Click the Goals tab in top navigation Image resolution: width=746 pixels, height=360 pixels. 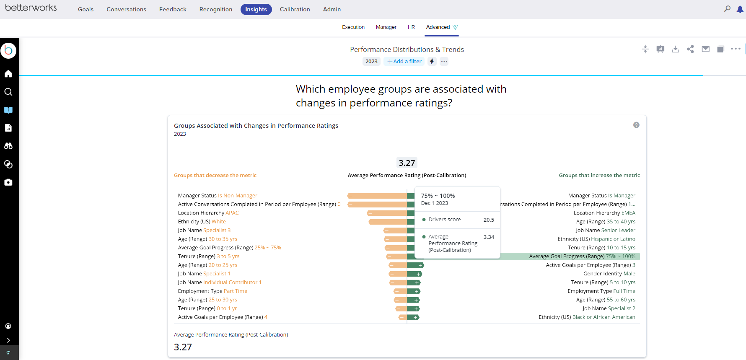click(85, 9)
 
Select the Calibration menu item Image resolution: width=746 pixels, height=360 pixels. click(295, 9)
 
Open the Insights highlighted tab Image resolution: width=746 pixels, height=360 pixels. click(256, 9)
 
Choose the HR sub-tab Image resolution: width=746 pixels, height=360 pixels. click(411, 27)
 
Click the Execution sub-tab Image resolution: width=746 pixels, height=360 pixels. click(353, 27)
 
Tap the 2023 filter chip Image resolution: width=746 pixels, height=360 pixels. click(371, 62)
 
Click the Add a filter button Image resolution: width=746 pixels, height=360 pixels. click(404, 62)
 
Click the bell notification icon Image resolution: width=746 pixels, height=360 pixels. click(740, 9)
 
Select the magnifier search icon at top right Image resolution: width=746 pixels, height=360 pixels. click(727, 9)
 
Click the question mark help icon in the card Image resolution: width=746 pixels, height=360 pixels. click(636, 125)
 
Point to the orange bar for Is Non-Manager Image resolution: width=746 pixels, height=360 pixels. click(377, 196)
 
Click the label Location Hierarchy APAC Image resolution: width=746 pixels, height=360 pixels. click(208, 213)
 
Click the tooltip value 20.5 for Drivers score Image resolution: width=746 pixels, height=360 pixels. click(489, 220)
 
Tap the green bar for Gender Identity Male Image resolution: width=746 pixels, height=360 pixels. click(414, 274)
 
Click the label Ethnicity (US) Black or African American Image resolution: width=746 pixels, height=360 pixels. click(587, 317)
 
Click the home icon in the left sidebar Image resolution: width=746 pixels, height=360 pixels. click(8, 74)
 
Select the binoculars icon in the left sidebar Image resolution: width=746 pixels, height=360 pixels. click(8, 146)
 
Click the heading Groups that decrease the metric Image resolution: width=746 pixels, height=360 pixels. click(215, 176)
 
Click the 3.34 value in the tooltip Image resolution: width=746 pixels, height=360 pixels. click(489, 237)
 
